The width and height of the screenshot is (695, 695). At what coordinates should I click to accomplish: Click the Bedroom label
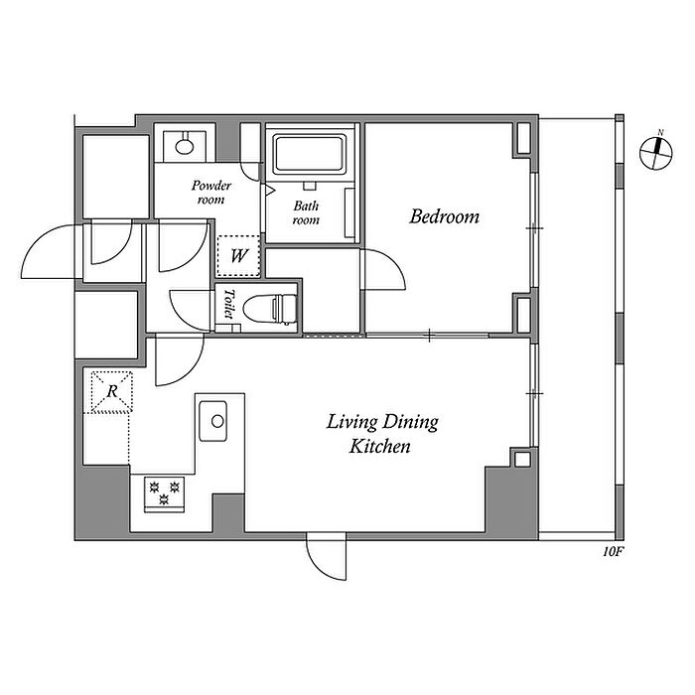pos(444,216)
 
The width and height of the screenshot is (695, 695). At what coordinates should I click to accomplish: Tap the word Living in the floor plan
pos(351,422)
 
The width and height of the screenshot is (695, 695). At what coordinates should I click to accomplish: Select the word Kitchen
pos(380,446)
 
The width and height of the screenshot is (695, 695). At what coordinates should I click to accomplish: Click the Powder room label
pos(211,193)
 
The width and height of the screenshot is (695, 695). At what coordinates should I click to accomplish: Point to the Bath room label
pos(306,212)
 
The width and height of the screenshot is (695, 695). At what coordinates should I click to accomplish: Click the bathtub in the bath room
pos(309,154)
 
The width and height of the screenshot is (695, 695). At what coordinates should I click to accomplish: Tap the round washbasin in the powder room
pos(184,145)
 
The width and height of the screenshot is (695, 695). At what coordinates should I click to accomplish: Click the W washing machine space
pos(238,256)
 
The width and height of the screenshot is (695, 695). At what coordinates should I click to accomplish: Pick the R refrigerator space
pos(111,391)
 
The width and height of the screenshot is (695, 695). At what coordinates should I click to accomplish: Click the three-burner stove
pos(165,493)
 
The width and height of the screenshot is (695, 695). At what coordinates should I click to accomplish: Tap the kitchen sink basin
pos(213,421)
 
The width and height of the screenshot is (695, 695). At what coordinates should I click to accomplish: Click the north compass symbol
pos(656,153)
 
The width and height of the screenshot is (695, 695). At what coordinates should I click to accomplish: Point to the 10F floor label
pos(614,552)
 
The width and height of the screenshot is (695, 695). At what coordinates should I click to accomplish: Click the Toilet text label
pos(228,304)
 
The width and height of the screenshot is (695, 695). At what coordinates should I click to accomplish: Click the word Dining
pos(410,422)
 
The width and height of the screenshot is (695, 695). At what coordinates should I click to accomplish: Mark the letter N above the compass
pos(660,132)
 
